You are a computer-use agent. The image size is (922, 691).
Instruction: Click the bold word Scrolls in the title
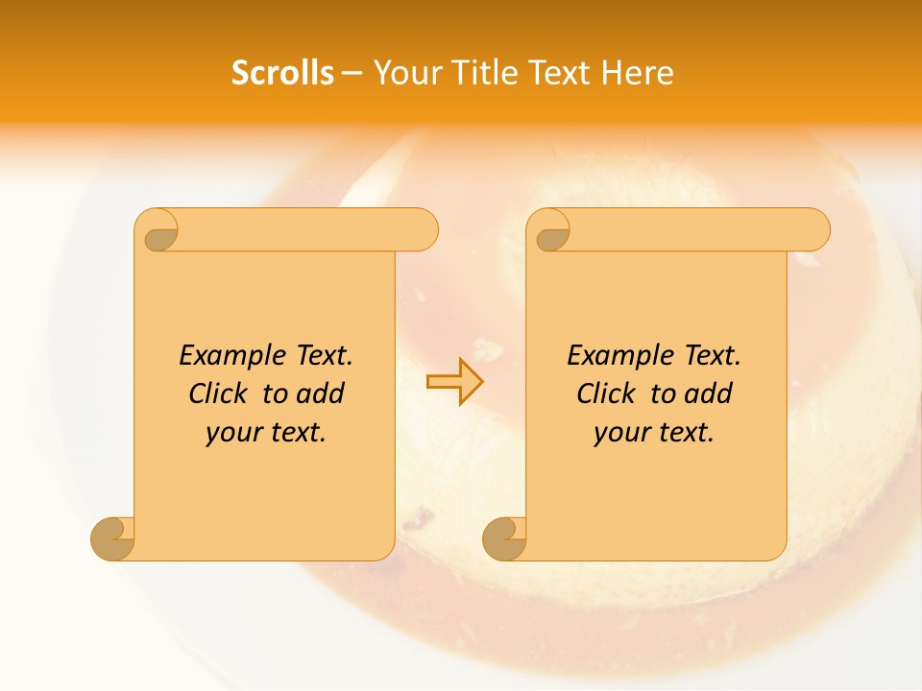282,73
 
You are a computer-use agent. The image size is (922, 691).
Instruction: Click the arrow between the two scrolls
455,381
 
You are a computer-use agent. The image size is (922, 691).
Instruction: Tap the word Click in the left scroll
221,393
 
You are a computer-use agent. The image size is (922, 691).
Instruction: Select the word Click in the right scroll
609,393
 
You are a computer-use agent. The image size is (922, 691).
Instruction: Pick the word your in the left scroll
233,434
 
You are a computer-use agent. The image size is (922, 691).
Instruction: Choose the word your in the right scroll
621,434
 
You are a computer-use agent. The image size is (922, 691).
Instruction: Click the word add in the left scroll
321,393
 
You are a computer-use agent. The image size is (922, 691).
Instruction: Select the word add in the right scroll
709,393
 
